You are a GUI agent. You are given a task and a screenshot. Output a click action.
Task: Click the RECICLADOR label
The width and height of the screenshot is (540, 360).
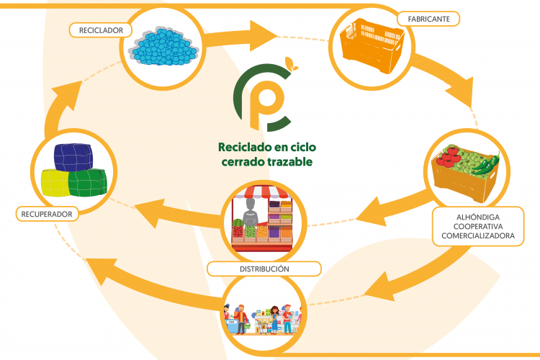pyautogui.click(x=101, y=30)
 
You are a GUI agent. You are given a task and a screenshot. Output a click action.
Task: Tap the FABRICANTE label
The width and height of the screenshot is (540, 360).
pyautogui.click(x=428, y=19)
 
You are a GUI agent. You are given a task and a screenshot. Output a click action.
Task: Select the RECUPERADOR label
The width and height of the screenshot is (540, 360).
pyautogui.click(x=47, y=214)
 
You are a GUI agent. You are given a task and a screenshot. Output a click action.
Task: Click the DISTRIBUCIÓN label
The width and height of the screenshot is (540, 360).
pyautogui.click(x=264, y=269)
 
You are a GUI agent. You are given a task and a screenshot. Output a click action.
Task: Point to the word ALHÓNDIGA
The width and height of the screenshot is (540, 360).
pyautogui.click(x=478, y=217)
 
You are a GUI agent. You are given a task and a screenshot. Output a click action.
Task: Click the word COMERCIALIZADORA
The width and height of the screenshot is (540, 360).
pyautogui.click(x=478, y=235)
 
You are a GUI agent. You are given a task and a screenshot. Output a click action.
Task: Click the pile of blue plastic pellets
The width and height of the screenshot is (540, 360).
pyautogui.click(x=163, y=47)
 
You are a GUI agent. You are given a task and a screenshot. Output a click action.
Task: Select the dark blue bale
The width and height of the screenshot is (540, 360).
pyautogui.click(x=73, y=157)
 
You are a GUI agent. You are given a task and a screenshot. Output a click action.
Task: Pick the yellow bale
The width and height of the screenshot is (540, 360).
pyautogui.click(x=55, y=183)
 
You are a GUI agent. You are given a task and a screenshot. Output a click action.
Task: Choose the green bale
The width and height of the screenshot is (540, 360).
pyautogui.click(x=88, y=183)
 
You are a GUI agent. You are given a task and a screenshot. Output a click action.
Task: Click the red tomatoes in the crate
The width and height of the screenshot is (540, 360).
pyautogui.click(x=448, y=157)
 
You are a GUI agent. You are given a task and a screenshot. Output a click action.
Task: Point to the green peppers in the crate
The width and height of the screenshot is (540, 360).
pyautogui.click(x=487, y=164)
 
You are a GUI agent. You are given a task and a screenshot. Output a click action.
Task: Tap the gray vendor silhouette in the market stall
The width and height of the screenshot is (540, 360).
pyautogui.click(x=251, y=212)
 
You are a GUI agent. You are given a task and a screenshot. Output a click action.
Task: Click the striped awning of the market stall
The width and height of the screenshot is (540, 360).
pyautogui.click(x=262, y=192)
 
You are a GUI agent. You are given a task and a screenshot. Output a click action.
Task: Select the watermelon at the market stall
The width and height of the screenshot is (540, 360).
pyautogui.click(x=238, y=223)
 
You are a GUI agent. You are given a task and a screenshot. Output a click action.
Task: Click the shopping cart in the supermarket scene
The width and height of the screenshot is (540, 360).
pyautogui.click(x=263, y=326)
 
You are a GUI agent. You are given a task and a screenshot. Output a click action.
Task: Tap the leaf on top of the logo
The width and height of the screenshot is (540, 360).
pyautogui.click(x=292, y=64)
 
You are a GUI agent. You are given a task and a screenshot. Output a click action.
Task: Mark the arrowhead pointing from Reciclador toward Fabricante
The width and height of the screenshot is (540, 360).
pyautogui.click(x=263, y=35)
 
